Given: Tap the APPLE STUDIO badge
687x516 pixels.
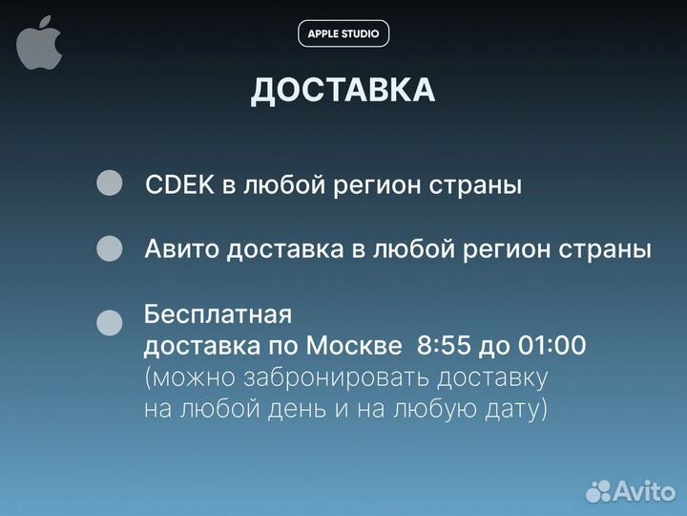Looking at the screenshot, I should click(x=343, y=33).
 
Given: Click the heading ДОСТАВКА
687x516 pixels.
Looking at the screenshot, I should click(x=343, y=91).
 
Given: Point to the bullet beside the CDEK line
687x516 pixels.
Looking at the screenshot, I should click(x=111, y=183).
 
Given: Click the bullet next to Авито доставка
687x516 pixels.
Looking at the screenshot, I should click(x=111, y=248).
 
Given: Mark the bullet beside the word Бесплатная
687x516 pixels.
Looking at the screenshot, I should click(x=111, y=323).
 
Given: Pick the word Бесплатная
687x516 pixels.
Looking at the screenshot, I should click(x=217, y=313).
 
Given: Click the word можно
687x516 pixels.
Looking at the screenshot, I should click(x=187, y=377).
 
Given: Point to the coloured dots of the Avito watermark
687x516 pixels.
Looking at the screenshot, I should click(x=598, y=491).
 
